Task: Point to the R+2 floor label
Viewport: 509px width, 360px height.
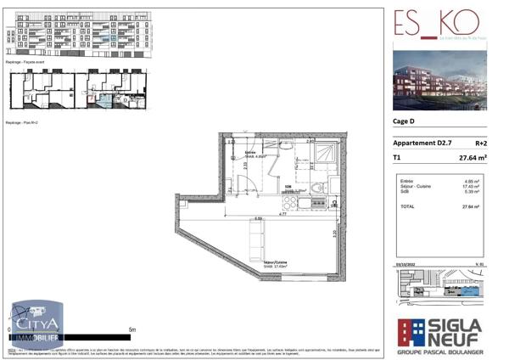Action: (480, 143)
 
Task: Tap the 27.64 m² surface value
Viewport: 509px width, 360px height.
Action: (472, 158)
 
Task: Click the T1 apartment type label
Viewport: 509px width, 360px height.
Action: (397, 158)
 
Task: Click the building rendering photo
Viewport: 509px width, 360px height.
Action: (439, 82)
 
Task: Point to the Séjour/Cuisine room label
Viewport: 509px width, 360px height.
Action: (276, 265)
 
